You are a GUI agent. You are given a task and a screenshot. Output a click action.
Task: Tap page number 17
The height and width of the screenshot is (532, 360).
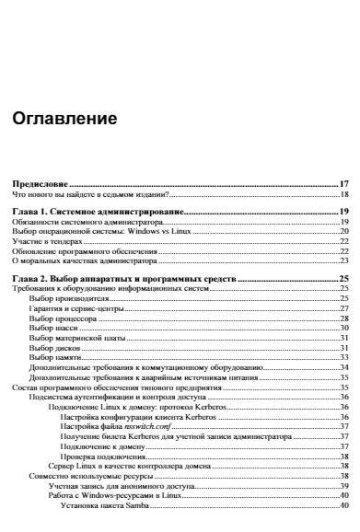pyautogui.click(x=343, y=184)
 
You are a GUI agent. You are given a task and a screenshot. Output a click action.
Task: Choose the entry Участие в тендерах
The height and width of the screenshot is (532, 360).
pyautogui.click(x=46, y=240)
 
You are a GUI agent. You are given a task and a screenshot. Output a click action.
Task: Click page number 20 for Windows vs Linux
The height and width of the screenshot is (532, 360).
pyautogui.click(x=343, y=231)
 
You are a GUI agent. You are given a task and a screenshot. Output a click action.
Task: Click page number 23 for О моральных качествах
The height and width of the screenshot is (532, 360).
pyautogui.click(x=343, y=260)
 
